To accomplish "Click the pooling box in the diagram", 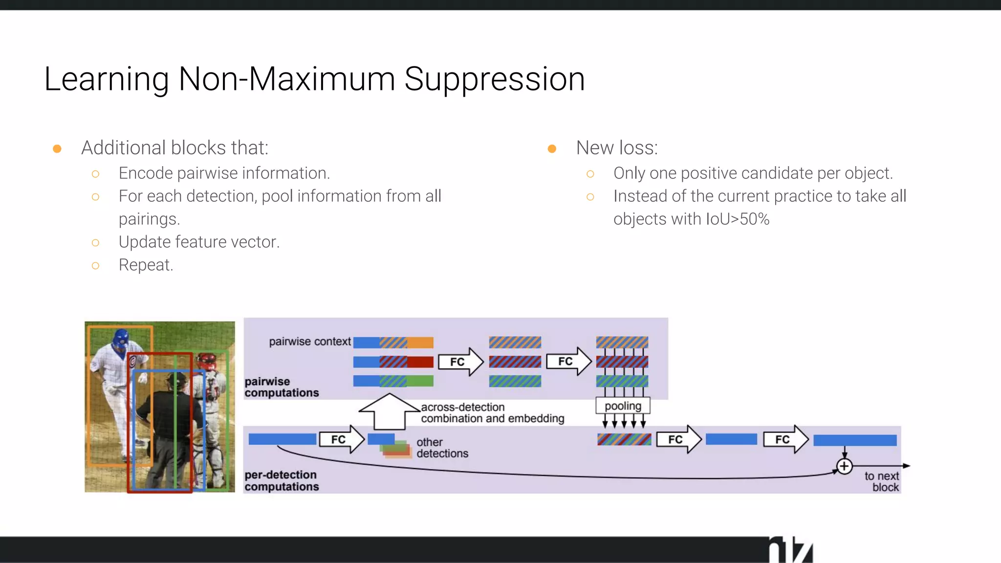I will click(x=623, y=406).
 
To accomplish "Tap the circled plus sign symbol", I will click(x=844, y=466).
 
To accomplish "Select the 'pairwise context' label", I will click(x=310, y=342).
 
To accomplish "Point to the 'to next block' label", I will click(x=882, y=481).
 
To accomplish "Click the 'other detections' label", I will click(x=442, y=448).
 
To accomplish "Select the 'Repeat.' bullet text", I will click(x=146, y=265).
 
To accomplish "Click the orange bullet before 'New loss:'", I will click(x=552, y=149).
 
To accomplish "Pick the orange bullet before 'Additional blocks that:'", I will click(x=57, y=149).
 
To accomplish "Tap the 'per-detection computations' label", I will click(x=282, y=480).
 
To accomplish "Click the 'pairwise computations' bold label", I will click(x=282, y=387).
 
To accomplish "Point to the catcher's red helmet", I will click(x=207, y=362).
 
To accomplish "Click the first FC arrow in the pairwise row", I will click(x=460, y=362).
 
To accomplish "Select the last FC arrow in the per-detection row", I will click(x=785, y=439).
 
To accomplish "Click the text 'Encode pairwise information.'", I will click(x=224, y=173).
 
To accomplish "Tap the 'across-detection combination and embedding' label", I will click(x=492, y=413).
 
